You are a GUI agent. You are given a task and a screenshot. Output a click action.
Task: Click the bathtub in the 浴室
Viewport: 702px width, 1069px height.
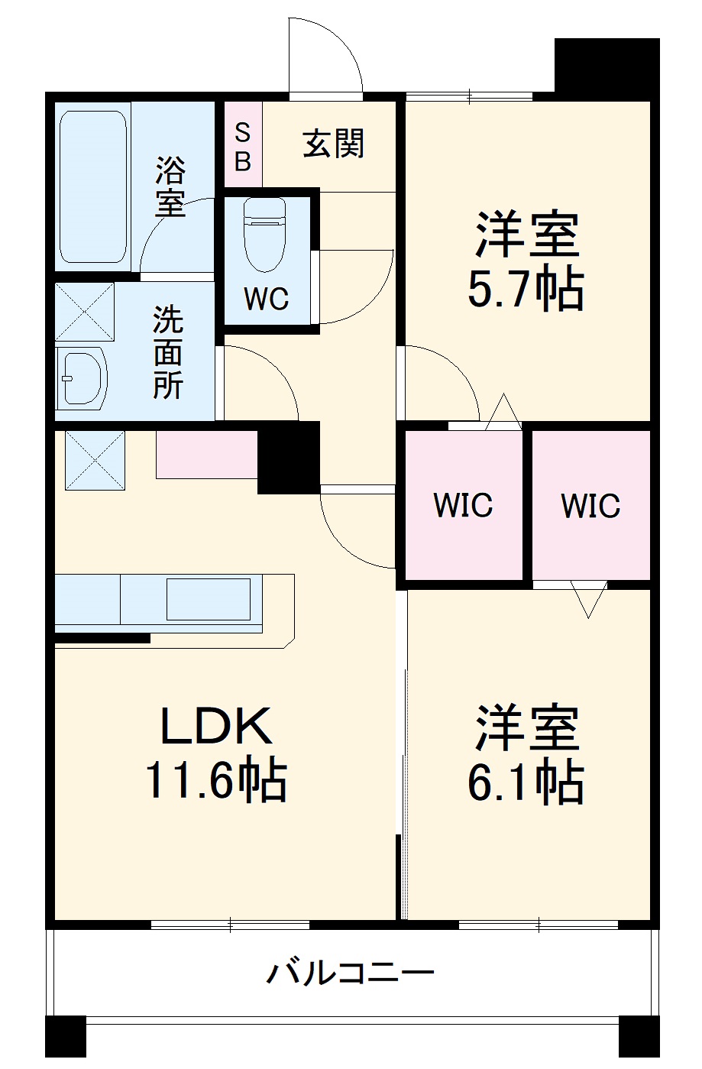[x=93, y=187]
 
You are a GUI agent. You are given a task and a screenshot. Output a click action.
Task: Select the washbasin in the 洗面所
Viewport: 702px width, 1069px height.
[x=82, y=378]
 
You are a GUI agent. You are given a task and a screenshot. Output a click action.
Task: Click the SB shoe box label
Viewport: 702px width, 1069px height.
[x=242, y=147]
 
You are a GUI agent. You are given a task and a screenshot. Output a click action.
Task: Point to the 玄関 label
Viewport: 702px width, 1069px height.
[x=334, y=144]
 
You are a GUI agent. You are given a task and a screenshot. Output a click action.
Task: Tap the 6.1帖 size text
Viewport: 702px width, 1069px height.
[x=526, y=782]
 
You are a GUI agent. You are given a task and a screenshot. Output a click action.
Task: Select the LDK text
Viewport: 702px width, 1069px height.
[x=215, y=727]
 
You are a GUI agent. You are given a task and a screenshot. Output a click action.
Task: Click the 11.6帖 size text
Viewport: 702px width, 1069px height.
[x=215, y=780]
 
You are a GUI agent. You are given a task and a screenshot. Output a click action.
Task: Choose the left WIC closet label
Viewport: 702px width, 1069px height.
[x=463, y=505]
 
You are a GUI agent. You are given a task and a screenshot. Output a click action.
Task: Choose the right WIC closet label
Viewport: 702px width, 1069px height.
[x=590, y=505]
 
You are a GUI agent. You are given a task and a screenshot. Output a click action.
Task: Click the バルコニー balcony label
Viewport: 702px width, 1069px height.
[x=351, y=973]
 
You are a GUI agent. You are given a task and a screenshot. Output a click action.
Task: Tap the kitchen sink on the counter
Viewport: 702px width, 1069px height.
[x=208, y=599]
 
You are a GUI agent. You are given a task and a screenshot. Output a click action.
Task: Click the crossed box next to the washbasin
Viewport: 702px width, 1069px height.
[x=84, y=312]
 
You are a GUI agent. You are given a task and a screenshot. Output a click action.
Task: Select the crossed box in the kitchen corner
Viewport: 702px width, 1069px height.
[x=95, y=461]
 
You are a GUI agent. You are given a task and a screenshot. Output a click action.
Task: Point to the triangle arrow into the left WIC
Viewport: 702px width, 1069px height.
[x=503, y=412]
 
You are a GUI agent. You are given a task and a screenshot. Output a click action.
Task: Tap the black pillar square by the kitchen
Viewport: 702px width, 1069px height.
[x=288, y=458]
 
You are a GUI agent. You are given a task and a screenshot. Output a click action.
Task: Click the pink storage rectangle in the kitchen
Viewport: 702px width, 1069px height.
[x=206, y=455]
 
